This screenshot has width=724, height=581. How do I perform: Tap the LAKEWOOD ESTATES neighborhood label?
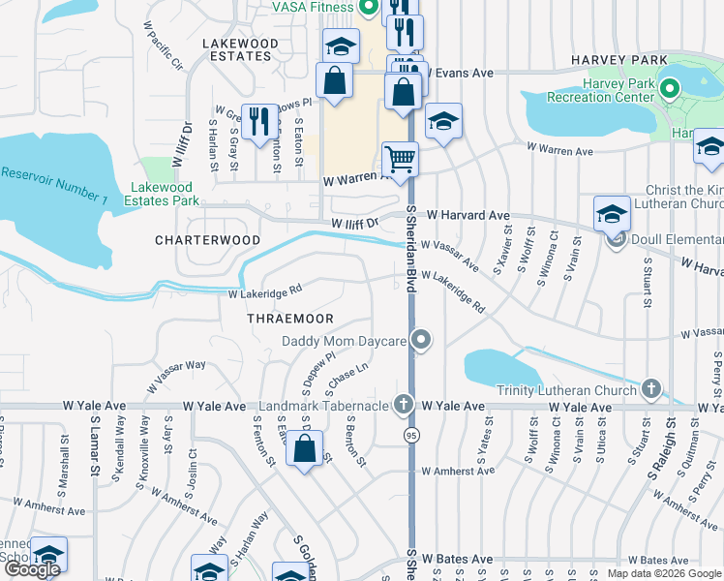coord(239,50)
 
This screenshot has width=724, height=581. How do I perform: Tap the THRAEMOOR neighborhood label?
coord(289,319)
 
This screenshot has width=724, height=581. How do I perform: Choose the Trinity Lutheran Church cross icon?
coord(651,389)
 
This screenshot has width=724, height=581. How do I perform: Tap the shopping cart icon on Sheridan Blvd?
coord(400,157)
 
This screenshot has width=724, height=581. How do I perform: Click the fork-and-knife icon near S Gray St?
coord(257,121)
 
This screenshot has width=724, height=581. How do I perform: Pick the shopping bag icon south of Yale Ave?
coord(305,448)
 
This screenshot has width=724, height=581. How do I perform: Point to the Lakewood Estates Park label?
coord(162,194)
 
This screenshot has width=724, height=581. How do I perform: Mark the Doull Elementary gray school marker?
coord(615,240)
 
